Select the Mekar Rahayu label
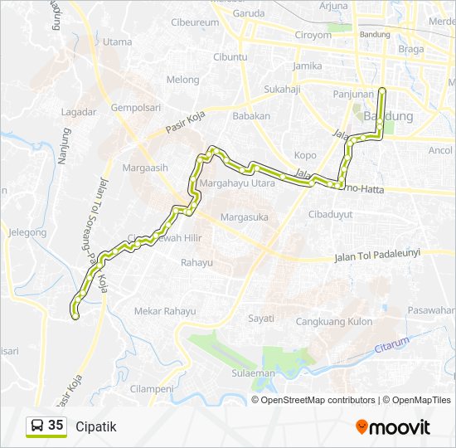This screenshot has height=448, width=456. pyautogui.click(x=165, y=312)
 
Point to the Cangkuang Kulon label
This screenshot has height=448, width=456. pyautogui.click(x=334, y=321)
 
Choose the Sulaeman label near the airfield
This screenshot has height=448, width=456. pyautogui.click(x=253, y=373)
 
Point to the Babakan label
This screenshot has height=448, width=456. pyautogui.click(x=251, y=116)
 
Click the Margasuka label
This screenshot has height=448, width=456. pyautogui.click(x=241, y=217)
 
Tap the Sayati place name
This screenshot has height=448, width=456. pyautogui.click(x=261, y=318)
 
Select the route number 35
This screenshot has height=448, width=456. pyautogui.click(x=56, y=426)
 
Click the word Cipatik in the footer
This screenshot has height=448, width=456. pyautogui.click(x=96, y=427)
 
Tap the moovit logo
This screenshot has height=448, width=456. pyautogui.click(x=393, y=427)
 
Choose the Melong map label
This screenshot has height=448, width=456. pyautogui.click(x=182, y=80)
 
